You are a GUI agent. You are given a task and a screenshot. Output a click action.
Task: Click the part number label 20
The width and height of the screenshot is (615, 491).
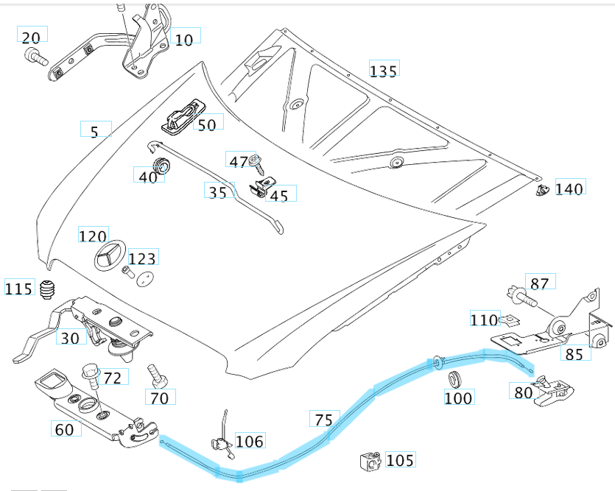pyautogui.click(x=32, y=37)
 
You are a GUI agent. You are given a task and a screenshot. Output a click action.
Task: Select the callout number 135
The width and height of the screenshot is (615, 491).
pyautogui.click(x=383, y=71)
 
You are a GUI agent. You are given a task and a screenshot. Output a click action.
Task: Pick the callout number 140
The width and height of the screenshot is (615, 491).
pyautogui.click(x=569, y=188)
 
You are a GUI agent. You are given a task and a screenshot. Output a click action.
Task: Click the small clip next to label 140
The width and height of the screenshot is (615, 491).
pyautogui.click(x=543, y=191)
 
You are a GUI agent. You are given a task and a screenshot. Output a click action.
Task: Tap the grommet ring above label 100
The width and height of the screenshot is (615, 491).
pyautogui.click(x=453, y=379)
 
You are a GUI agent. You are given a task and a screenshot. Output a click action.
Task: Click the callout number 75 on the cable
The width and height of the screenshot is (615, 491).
pyautogui.click(x=323, y=420)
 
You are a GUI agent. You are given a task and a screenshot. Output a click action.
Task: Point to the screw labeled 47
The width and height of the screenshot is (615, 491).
pyautogui.click(x=256, y=159)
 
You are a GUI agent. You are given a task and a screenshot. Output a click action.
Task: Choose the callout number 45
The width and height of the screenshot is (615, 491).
pyautogui.click(x=279, y=195)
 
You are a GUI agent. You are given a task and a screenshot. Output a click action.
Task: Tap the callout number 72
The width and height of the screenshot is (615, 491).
pyautogui.click(x=112, y=378)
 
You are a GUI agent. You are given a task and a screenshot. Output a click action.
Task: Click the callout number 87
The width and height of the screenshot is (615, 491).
pyautogui.click(x=539, y=283)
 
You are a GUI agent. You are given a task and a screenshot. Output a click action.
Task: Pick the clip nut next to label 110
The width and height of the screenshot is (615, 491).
pyautogui.click(x=508, y=320)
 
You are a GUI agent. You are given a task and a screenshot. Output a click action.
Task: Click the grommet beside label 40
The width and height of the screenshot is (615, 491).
pyautogui.click(x=160, y=163)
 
